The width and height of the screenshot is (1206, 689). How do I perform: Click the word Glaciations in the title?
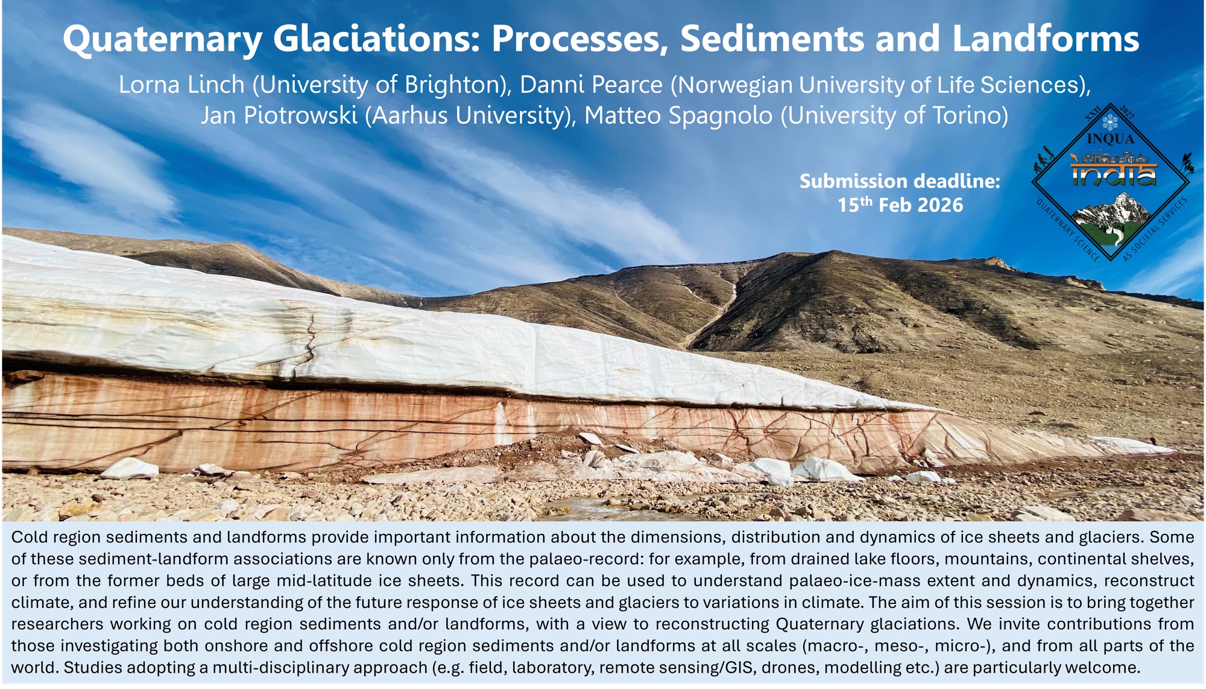pyautogui.click(x=376, y=39)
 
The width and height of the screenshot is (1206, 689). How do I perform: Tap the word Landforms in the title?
pyautogui.click(x=1046, y=39)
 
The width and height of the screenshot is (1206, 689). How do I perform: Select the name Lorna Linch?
pyautogui.click(x=182, y=85)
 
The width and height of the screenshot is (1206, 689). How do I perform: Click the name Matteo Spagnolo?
pyautogui.click(x=678, y=116)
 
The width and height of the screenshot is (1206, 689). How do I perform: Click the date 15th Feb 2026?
pyautogui.click(x=900, y=205)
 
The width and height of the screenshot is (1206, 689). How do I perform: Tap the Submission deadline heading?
pyautogui.click(x=900, y=181)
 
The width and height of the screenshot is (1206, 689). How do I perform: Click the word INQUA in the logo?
pyautogui.click(x=1110, y=139)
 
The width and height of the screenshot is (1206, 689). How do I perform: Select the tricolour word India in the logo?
pyautogui.click(x=1114, y=174)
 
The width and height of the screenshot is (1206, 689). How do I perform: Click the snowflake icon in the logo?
pyautogui.click(x=1110, y=122)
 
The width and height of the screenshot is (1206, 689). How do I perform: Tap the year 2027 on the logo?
pyautogui.click(x=1128, y=112)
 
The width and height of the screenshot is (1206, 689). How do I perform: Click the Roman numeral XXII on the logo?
pyautogui.click(x=1093, y=113)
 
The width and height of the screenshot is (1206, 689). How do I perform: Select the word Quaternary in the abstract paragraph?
pyautogui.click(x=817, y=624)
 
